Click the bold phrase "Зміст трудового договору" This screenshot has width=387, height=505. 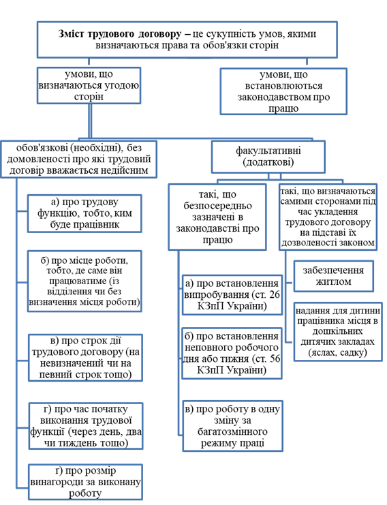click(x=120, y=34)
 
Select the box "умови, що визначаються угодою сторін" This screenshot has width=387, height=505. click(x=89, y=85)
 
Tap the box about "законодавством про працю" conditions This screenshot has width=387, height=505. click(x=283, y=91)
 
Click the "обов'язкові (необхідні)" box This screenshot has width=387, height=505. click(x=79, y=159)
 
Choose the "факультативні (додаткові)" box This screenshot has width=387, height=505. click(x=268, y=157)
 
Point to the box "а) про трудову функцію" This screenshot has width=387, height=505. click(x=84, y=213)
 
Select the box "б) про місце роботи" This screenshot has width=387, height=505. click(x=84, y=281)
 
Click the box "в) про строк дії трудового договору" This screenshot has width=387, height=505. click(x=85, y=358)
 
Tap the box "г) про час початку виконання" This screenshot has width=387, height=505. click(x=86, y=426)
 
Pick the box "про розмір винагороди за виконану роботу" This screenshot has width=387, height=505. click(x=85, y=482)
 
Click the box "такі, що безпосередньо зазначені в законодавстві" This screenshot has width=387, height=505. click(x=217, y=217)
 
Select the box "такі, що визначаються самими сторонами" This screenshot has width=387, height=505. click(x=328, y=217)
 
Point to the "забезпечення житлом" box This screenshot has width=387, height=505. click(x=334, y=276)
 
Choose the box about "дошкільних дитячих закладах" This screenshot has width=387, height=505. click(x=338, y=332)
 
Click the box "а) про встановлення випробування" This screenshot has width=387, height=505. click(x=232, y=294)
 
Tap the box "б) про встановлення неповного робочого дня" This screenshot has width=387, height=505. click(x=232, y=353)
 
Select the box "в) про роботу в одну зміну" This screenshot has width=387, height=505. click(x=232, y=426)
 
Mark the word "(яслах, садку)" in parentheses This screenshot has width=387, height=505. click(x=338, y=352)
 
